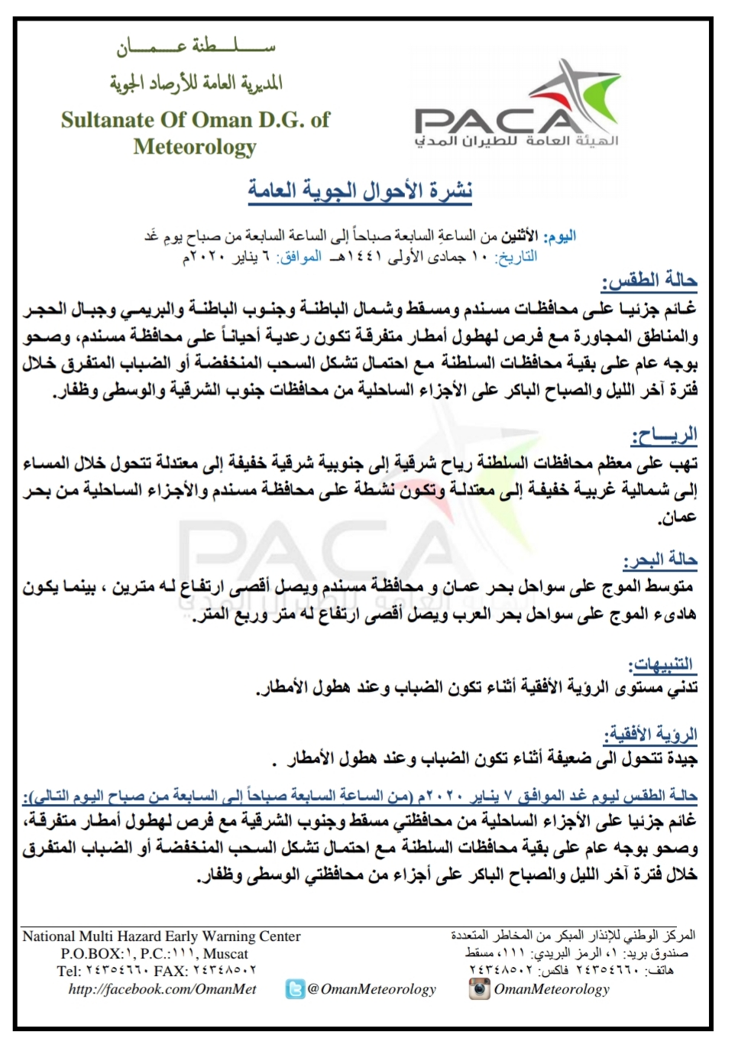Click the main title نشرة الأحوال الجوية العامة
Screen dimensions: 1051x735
click(360, 190)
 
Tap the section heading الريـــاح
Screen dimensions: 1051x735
click(664, 436)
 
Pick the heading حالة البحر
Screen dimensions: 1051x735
click(660, 560)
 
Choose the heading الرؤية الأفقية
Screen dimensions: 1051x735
click(650, 735)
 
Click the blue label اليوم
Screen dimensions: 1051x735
click(559, 236)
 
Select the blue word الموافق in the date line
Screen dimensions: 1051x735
click(300, 257)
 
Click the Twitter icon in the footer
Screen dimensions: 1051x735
click(295, 989)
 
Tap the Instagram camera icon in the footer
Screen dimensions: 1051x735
click(479, 988)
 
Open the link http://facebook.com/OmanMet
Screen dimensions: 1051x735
click(162, 989)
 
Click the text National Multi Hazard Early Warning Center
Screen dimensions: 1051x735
click(161, 936)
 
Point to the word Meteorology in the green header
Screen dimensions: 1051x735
click(195, 146)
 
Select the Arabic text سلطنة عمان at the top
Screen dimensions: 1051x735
click(196, 47)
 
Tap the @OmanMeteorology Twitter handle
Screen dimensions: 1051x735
click(371, 989)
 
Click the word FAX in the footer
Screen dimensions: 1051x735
click(170, 972)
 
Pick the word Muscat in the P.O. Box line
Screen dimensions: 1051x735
click(225, 954)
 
